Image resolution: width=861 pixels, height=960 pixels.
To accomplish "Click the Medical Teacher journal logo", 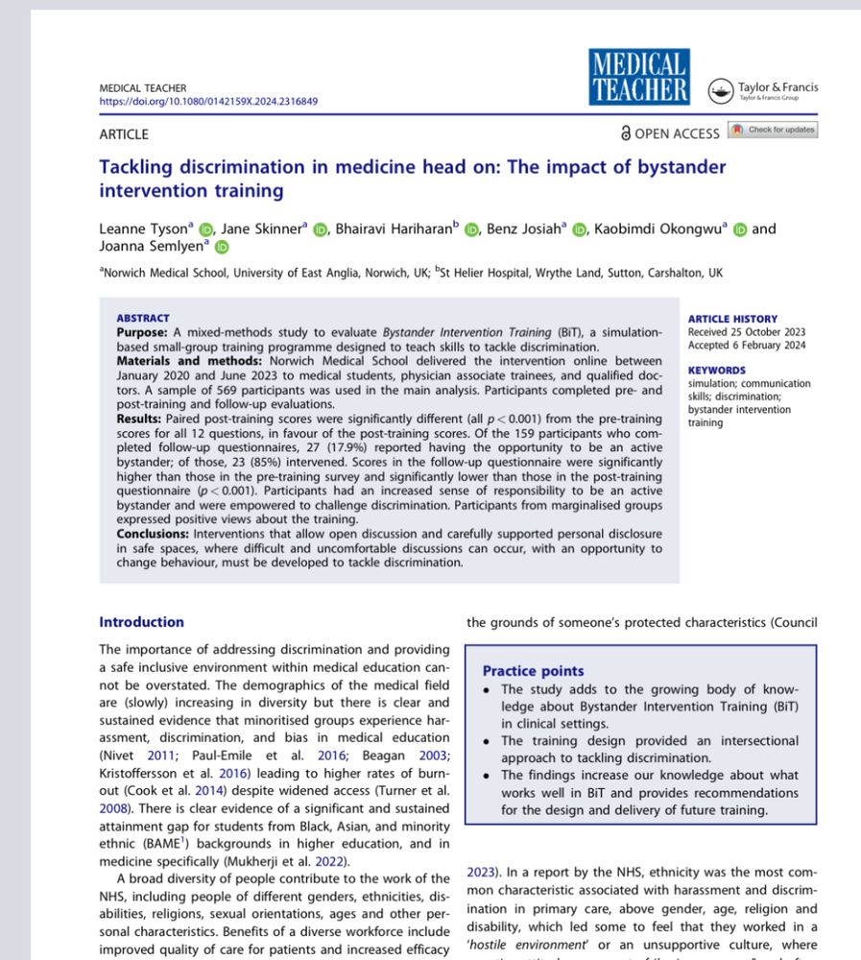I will click(x=638, y=78).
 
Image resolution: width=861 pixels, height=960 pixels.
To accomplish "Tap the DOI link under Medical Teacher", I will click(x=208, y=101).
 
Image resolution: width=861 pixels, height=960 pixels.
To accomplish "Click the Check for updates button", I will click(x=773, y=130).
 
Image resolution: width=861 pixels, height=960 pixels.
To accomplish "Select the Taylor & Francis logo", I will click(x=763, y=91).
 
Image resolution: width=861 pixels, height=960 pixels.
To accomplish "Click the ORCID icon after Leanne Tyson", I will click(x=205, y=229).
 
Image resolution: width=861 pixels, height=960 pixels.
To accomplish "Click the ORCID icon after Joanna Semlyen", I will click(x=222, y=248).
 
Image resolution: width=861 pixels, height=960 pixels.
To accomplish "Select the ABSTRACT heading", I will click(x=143, y=318).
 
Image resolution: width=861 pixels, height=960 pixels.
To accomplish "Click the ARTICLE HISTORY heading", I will click(x=733, y=319).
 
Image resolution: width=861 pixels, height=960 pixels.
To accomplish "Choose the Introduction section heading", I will click(x=141, y=622).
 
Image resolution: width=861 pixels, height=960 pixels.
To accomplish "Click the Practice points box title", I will click(x=533, y=671).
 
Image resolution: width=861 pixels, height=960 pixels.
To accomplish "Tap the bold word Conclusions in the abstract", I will click(x=153, y=533).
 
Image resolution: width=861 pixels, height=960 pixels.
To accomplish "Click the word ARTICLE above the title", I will click(x=124, y=134).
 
